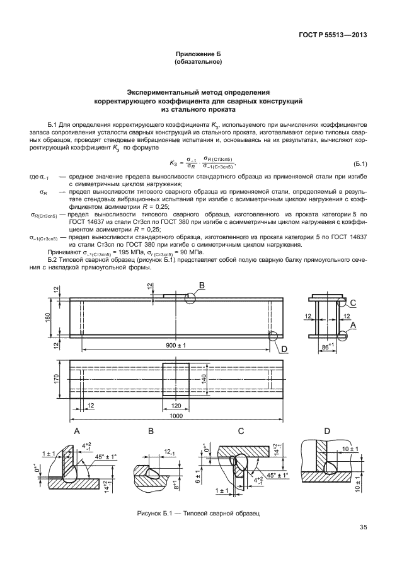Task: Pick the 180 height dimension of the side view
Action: [56, 315]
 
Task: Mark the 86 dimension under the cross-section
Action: [325, 346]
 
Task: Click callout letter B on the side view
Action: [202, 286]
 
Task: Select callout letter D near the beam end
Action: [284, 348]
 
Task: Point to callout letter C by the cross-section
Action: [353, 303]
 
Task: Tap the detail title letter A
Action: [77, 432]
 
